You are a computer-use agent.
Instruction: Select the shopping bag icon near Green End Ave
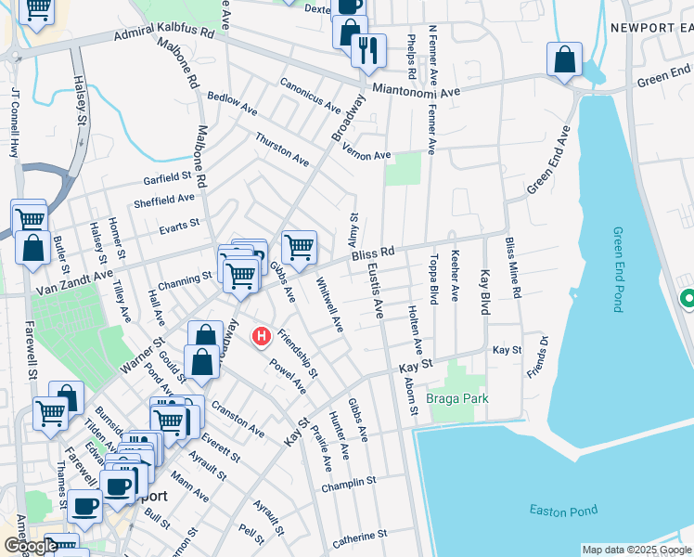point(564,60)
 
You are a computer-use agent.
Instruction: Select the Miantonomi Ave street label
point(417,91)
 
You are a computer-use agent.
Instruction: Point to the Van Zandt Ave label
point(73,281)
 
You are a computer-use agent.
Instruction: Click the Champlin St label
point(348,484)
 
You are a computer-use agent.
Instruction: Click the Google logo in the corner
point(30,546)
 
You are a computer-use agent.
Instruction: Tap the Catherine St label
point(360,536)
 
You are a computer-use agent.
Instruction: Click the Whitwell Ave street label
point(329,305)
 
